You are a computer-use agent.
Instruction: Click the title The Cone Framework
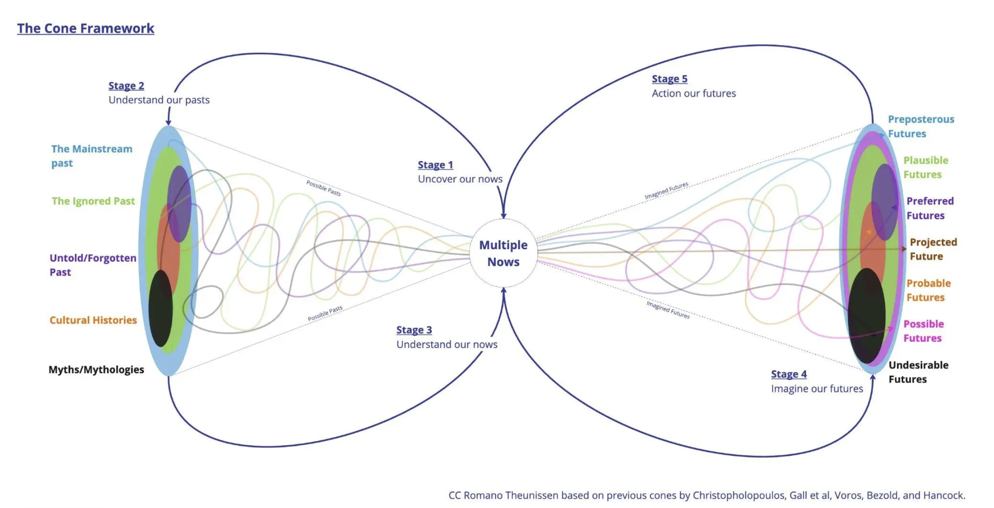(x=86, y=29)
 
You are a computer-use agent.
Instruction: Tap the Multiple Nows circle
(x=503, y=253)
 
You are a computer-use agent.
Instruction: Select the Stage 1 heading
(x=435, y=165)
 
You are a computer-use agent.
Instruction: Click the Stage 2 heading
(x=126, y=86)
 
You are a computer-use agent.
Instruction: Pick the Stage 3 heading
(x=414, y=330)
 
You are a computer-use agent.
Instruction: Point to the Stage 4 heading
(x=789, y=374)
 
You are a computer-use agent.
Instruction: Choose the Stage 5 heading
(x=669, y=79)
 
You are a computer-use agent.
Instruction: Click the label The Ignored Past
(x=93, y=201)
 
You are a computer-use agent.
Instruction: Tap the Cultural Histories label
(x=93, y=320)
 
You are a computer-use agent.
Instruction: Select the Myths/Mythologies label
(x=96, y=370)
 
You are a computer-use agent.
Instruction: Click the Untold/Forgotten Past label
(x=92, y=265)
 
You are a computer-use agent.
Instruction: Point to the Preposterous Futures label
(x=921, y=126)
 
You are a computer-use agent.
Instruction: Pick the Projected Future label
(x=933, y=249)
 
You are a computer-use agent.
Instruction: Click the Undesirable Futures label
(x=918, y=372)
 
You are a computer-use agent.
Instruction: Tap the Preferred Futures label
(x=930, y=208)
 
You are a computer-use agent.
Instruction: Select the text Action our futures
(x=694, y=93)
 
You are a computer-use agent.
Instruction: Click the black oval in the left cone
(x=161, y=308)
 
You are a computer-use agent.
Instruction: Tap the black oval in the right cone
(x=866, y=316)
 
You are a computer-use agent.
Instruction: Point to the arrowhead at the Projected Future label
(x=904, y=249)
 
